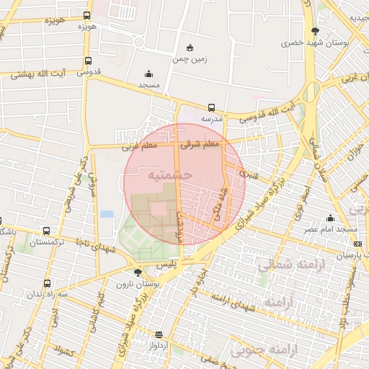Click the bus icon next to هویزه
(x=87, y=15)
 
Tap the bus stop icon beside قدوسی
(x=88, y=61)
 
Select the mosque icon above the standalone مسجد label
(x=148, y=74)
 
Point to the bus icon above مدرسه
(x=211, y=107)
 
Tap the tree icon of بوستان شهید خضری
(x=315, y=30)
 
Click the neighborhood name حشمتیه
(x=168, y=175)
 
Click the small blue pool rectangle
(x=107, y=214)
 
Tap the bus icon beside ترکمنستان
(x=47, y=231)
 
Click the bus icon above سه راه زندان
(x=47, y=283)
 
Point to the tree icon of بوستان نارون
(x=137, y=272)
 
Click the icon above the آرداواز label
(x=159, y=334)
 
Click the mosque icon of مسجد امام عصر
(x=330, y=218)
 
